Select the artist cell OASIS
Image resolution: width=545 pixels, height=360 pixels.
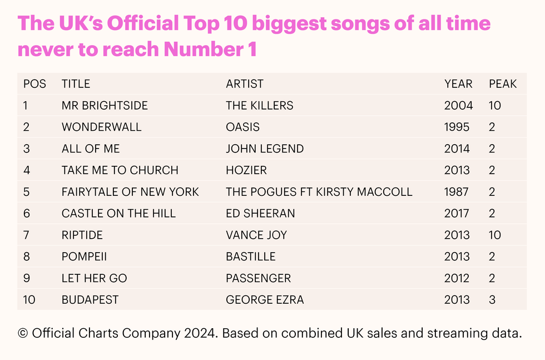click(x=242, y=127)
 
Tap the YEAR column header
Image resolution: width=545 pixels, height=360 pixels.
click(x=458, y=84)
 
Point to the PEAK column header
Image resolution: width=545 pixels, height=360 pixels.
click(x=503, y=84)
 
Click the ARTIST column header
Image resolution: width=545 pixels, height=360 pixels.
click(x=245, y=84)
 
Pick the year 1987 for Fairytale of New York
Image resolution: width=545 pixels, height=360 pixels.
click(x=457, y=192)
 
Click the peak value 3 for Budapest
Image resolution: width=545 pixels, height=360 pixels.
click(x=492, y=299)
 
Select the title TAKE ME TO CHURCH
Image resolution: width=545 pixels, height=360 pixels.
click(x=120, y=170)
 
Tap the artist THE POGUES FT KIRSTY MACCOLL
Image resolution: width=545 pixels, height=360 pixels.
click(x=319, y=192)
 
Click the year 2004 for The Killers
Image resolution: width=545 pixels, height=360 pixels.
click(x=458, y=105)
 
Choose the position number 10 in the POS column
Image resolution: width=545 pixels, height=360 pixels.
click(x=29, y=299)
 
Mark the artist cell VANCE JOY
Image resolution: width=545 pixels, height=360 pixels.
click(x=256, y=235)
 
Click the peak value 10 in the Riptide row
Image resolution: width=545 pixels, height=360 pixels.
click(x=495, y=235)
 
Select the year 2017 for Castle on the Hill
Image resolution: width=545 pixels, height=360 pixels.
click(x=457, y=213)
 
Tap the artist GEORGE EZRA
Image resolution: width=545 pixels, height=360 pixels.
click(x=265, y=299)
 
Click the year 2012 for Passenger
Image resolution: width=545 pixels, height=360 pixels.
click(x=457, y=278)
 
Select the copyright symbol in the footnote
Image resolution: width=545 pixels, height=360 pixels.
click(x=23, y=333)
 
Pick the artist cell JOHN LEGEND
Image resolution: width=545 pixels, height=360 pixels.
click(x=265, y=149)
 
